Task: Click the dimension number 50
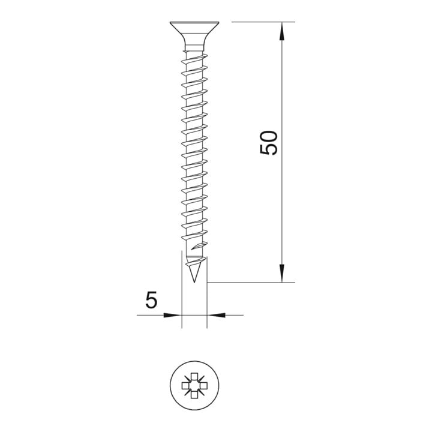[269, 143]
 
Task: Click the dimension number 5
[151, 299]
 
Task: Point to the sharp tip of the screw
[194, 282]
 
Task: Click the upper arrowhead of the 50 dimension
[282, 31]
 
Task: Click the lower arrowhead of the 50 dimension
[282, 273]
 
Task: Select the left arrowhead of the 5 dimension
[173, 315]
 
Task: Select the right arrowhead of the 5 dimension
[216, 315]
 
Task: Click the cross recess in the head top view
[194, 385]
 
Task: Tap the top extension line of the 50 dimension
[263, 22]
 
